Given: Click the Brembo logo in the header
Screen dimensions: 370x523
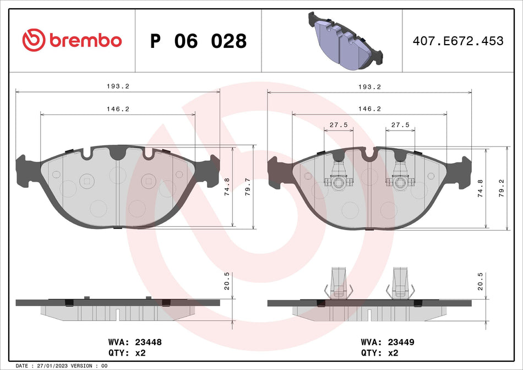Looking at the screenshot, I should pyautogui.click(x=72, y=40).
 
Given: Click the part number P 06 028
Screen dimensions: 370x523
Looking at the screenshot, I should pyautogui.click(x=199, y=41).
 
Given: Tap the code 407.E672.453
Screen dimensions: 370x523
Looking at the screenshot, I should pyautogui.click(x=458, y=41).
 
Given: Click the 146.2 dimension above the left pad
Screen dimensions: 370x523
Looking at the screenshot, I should pyautogui.click(x=118, y=109).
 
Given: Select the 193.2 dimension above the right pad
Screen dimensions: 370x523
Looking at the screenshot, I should pyautogui.click(x=369, y=86).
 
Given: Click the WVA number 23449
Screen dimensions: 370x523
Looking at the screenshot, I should pyautogui.click(x=402, y=341).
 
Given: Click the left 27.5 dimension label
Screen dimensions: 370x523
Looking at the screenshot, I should pyautogui.click(x=339, y=125).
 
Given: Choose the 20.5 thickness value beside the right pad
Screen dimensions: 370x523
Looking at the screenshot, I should pyautogui.click(x=480, y=281).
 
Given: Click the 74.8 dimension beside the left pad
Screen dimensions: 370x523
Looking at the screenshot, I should pyautogui.click(x=227, y=187).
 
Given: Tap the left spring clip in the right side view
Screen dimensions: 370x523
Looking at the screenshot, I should pyautogui.click(x=338, y=284).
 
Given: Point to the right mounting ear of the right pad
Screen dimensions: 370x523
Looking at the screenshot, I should pyautogui.click(x=464, y=172).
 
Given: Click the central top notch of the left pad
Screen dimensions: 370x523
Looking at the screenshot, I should pyautogui.click(x=117, y=154).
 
